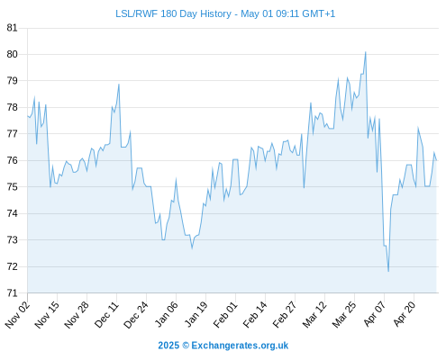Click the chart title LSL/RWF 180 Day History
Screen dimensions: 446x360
coord(173,13)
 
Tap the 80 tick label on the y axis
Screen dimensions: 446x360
coord(12,54)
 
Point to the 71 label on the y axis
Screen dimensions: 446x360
coord(12,292)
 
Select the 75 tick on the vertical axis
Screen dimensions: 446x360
coord(12,187)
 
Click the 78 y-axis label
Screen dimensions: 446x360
coord(12,107)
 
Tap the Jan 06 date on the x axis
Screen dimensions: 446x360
coord(167,314)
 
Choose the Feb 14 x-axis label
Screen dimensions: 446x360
coord(255,314)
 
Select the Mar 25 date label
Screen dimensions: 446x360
coord(344,314)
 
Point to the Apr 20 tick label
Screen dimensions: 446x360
coord(405,314)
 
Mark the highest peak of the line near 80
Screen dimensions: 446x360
coord(366,52)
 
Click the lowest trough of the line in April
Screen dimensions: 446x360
coord(388,272)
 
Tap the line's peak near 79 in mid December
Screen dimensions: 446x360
coord(119,84)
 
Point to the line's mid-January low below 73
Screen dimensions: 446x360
coord(192,248)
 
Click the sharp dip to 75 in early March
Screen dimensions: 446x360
coord(304,188)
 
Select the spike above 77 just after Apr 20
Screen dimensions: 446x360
coord(418,128)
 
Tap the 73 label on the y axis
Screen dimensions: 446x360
coord(12,240)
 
